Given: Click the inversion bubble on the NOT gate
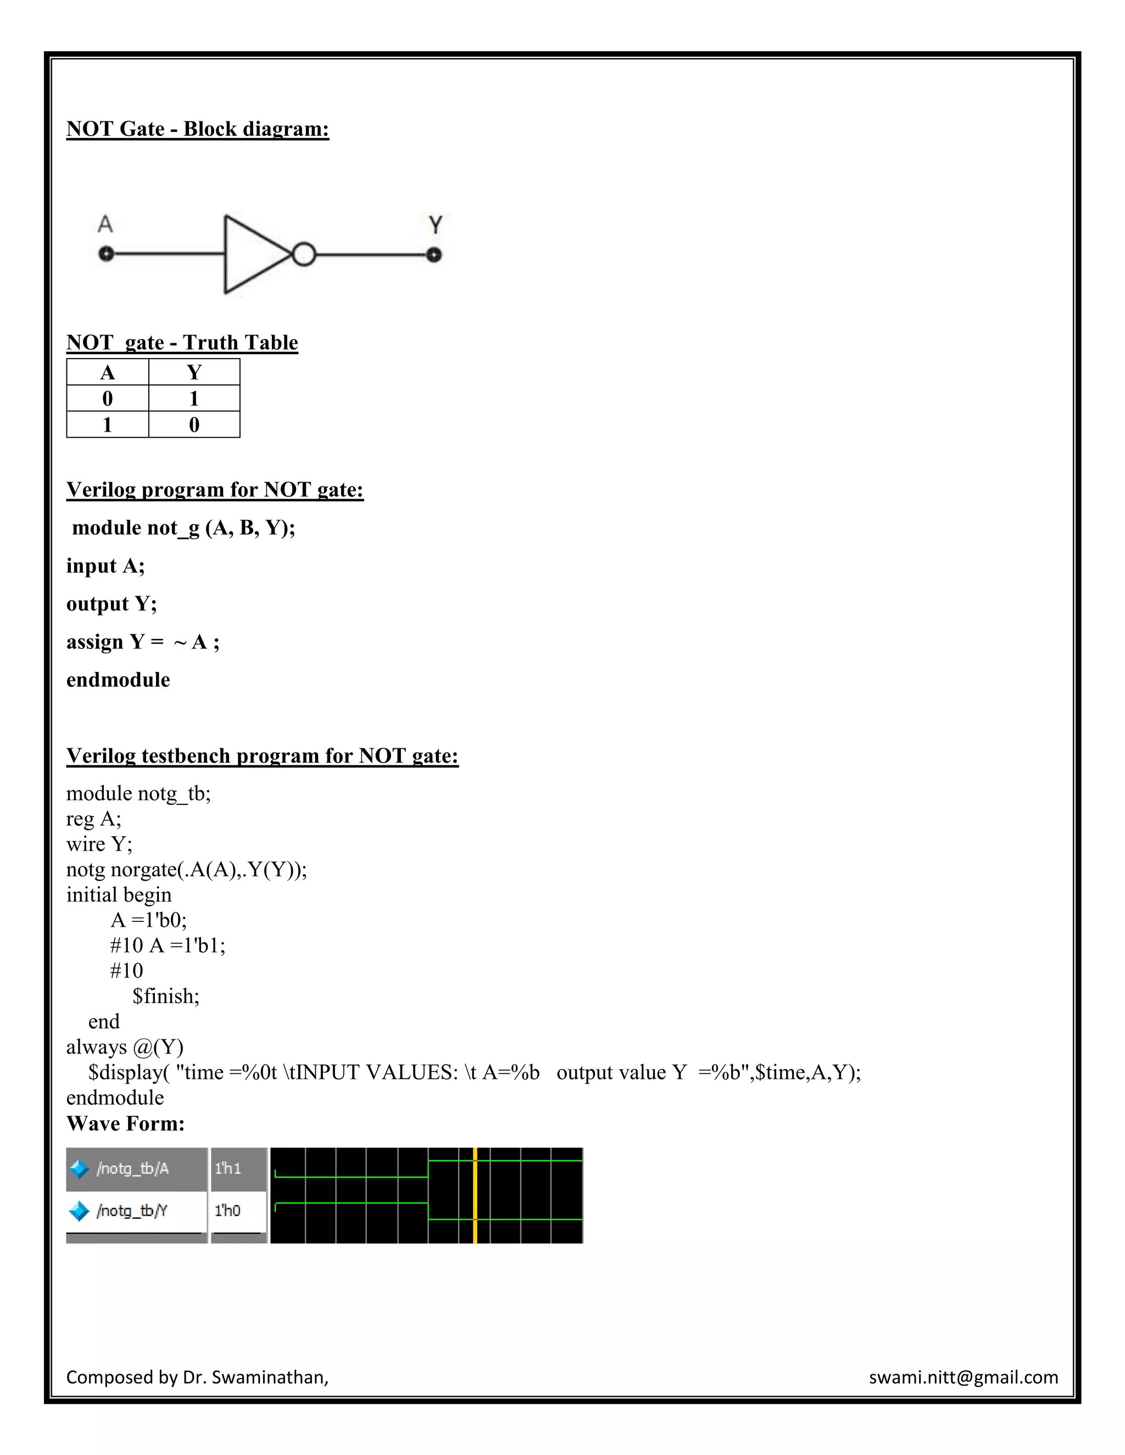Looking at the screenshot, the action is point(304,255).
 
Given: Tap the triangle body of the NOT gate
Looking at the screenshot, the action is point(253,255).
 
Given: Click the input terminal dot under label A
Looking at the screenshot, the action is point(106,254).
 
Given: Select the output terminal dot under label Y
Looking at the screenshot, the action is point(434,255).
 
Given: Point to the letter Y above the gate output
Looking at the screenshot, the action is point(435,225).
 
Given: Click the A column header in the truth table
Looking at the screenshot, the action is point(107,372).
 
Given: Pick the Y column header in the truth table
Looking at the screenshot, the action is point(194,372).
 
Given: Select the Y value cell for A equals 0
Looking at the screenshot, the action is point(194,399).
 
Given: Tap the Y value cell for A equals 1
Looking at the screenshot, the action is point(194,424).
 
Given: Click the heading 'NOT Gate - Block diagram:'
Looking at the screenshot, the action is point(197,128).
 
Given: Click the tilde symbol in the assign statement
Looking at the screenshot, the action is point(180,643).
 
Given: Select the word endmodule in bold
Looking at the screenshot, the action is point(118,680).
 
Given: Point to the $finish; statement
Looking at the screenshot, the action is point(166,996).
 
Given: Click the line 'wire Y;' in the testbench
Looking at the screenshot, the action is point(99,844).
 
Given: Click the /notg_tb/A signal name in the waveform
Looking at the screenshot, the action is point(132,1168).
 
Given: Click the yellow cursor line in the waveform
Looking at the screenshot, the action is point(475,1195).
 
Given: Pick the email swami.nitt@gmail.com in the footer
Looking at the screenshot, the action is point(963,1377).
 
